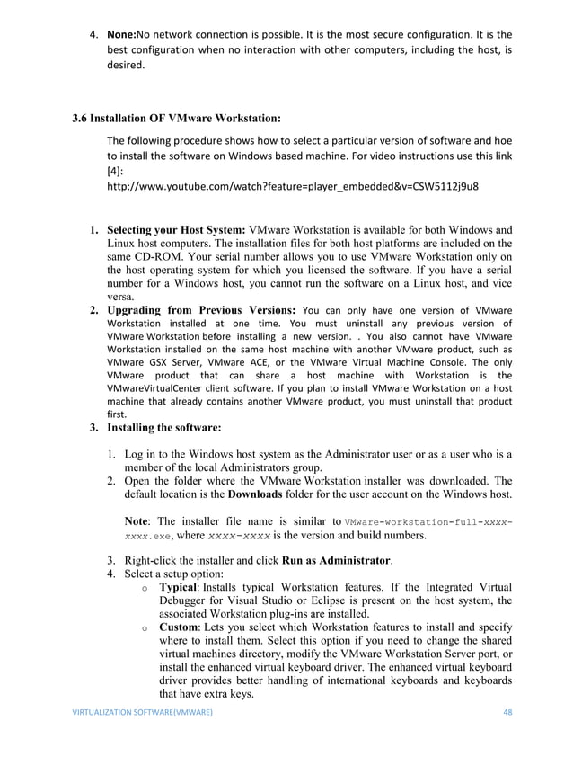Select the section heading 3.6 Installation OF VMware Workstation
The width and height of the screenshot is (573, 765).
point(177,118)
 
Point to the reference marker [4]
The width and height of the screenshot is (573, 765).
point(114,171)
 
